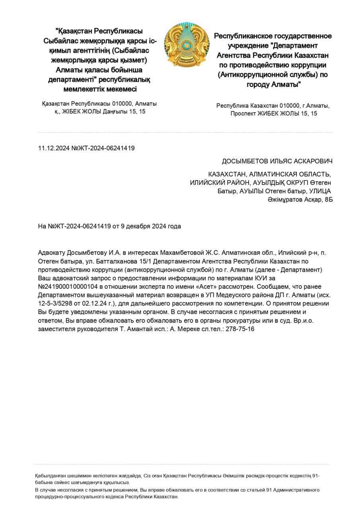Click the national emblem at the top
(x=187, y=45)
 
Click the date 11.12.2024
(x=54, y=148)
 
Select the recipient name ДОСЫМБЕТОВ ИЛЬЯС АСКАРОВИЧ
(x=277, y=161)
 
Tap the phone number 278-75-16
(x=240, y=329)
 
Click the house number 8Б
(x=329, y=200)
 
